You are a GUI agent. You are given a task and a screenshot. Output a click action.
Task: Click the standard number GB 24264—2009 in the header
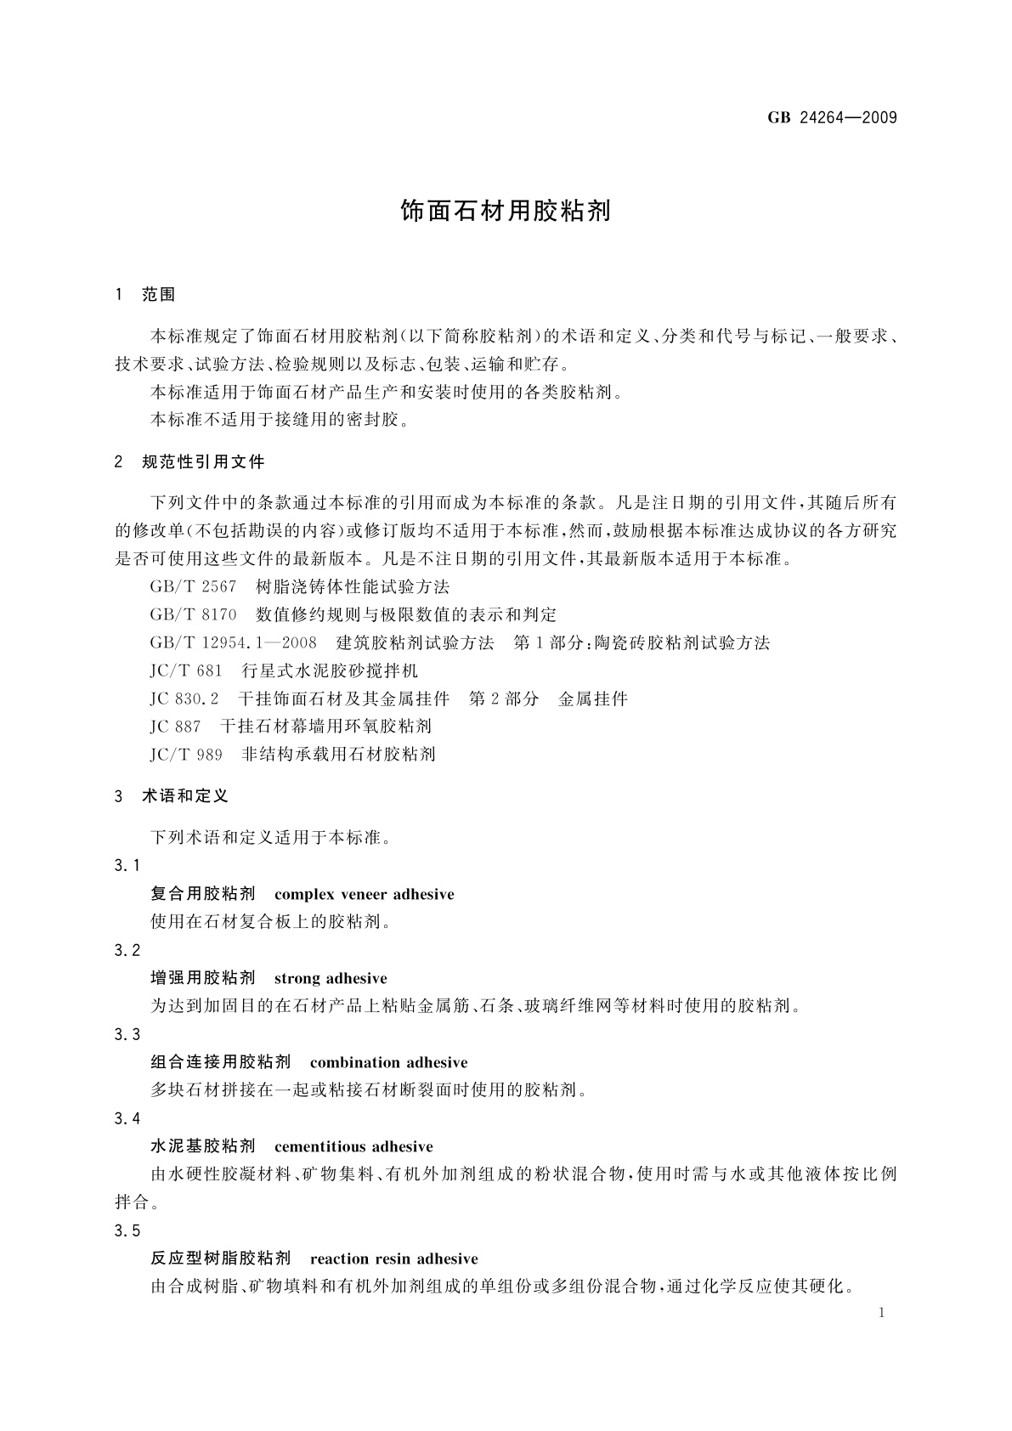pyautogui.click(x=832, y=118)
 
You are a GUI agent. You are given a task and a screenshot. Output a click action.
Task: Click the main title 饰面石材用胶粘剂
pyautogui.click(x=506, y=212)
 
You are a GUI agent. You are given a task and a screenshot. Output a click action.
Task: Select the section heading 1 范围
pyautogui.click(x=145, y=295)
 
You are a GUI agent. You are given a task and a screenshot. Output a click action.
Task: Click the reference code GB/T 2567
pyautogui.click(x=193, y=587)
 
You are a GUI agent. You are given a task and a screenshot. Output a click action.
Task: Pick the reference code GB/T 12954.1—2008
pyautogui.click(x=233, y=643)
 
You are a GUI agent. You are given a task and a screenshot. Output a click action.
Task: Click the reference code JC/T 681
pyautogui.click(x=186, y=671)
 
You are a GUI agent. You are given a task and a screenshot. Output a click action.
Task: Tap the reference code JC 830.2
pyautogui.click(x=184, y=699)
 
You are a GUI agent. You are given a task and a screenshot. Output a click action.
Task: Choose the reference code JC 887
pyautogui.click(x=175, y=727)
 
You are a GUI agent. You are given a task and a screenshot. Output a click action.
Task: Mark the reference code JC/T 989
pyautogui.click(x=186, y=755)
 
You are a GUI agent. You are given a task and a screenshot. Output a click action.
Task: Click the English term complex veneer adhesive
pyautogui.click(x=365, y=895)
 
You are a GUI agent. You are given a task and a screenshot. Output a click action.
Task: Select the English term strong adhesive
pyautogui.click(x=331, y=979)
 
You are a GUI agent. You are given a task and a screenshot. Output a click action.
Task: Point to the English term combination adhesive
pyautogui.click(x=389, y=1063)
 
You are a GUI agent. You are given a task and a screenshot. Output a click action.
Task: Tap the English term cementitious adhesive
pyautogui.click(x=353, y=1147)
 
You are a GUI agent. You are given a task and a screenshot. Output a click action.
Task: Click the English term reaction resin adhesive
pyautogui.click(x=394, y=1259)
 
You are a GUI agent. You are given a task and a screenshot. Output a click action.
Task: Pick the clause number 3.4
pyautogui.click(x=127, y=1119)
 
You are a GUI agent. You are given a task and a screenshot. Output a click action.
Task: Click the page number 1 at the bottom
pyautogui.click(x=881, y=1314)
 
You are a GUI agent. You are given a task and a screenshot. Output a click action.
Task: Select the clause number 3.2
pyautogui.click(x=127, y=951)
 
